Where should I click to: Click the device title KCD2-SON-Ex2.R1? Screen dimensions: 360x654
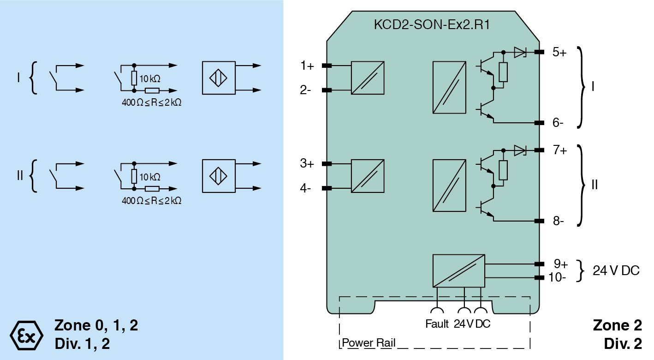[x=431, y=24]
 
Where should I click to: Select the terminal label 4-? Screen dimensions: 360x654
[x=305, y=189]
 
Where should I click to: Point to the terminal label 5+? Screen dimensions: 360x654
[x=559, y=52]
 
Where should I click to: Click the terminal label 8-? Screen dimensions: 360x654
[x=559, y=221]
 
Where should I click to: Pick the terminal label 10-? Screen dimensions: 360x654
[x=557, y=278]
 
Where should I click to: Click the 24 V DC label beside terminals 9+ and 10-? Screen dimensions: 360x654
[x=616, y=271]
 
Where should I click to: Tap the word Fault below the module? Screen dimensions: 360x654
[x=437, y=324]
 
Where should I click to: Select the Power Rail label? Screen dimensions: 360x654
[x=369, y=343]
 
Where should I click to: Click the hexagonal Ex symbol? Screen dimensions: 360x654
[x=26, y=333]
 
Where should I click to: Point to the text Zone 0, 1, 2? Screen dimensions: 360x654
[x=96, y=325]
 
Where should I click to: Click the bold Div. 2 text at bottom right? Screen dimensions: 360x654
[x=623, y=343]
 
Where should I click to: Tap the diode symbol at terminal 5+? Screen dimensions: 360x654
[x=520, y=52]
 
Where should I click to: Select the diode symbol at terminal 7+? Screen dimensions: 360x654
[x=520, y=150]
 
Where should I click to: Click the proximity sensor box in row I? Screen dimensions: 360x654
[x=219, y=78]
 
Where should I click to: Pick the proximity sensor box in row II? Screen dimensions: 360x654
[x=219, y=176]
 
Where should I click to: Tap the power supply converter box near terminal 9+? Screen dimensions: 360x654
[x=458, y=271]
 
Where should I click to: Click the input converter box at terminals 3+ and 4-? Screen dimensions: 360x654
[x=368, y=176]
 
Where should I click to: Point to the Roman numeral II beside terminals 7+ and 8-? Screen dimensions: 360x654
[x=595, y=185]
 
